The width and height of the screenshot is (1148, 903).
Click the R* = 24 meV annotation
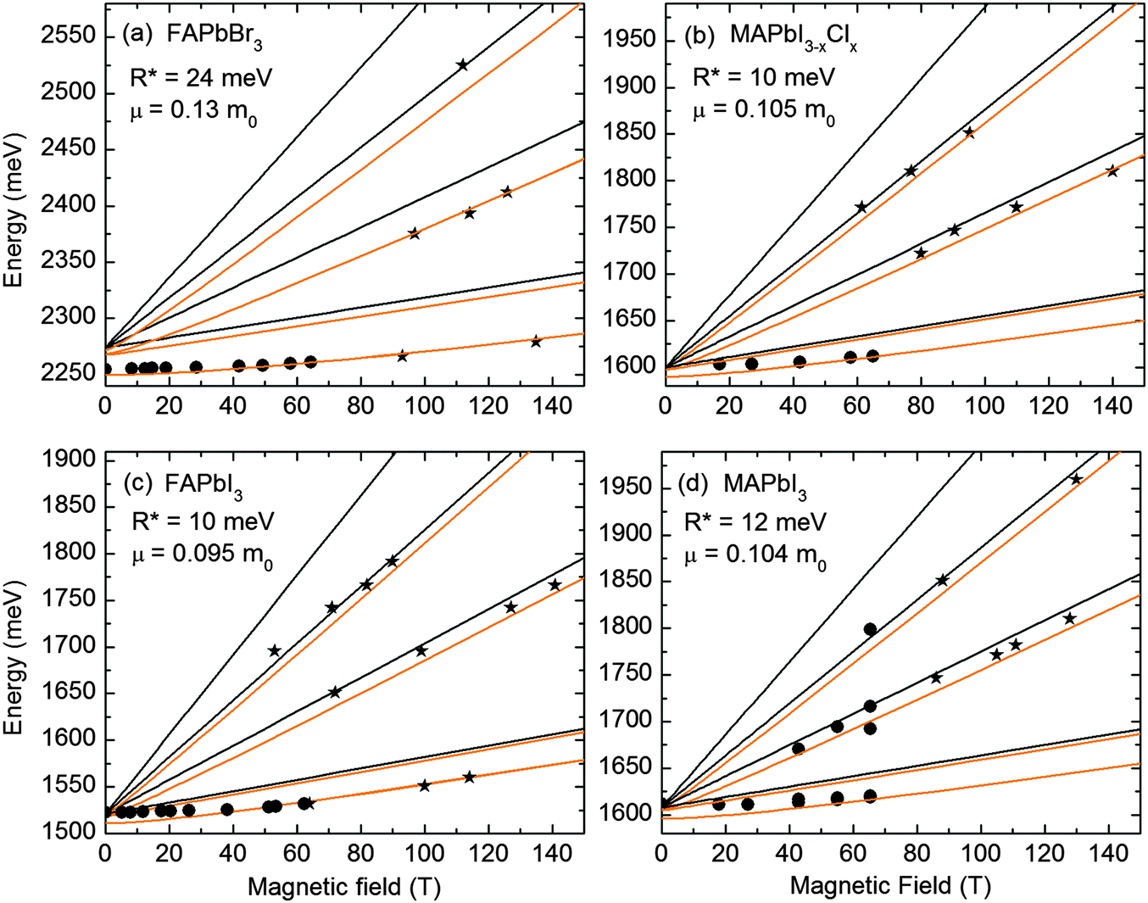tap(202, 77)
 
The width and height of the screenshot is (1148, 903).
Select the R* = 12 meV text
tap(755, 521)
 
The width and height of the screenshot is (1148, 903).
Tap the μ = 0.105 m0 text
tap(763, 111)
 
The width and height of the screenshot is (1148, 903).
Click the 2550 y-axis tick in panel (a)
tap(67, 36)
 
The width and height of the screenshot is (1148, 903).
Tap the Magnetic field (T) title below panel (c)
tap(343, 887)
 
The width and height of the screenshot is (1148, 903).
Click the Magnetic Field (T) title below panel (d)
tap(890, 887)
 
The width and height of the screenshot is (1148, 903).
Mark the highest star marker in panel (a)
tap(462, 65)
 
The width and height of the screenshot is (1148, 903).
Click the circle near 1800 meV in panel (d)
tap(870, 629)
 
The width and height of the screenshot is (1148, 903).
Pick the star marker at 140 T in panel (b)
tap(1112, 171)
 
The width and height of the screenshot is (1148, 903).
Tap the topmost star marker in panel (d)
tap(1076, 479)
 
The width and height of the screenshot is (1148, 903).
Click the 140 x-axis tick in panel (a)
tap(552, 405)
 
